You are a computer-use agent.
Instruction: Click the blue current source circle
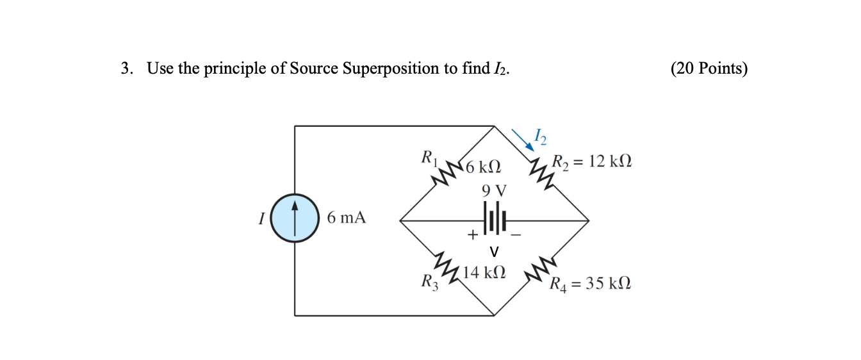click(x=295, y=218)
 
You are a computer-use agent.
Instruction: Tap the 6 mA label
click(x=346, y=218)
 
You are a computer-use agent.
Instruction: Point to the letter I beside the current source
click(x=261, y=219)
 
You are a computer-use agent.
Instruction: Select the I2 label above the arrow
click(x=541, y=136)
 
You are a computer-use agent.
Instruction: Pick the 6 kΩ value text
click(x=483, y=168)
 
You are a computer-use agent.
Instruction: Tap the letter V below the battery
click(x=493, y=250)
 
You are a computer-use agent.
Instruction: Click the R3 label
click(x=429, y=281)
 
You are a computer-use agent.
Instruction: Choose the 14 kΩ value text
click(x=484, y=272)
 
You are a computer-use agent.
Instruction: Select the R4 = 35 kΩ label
click(x=590, y=282)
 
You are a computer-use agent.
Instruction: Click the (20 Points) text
click(x=709, y=69)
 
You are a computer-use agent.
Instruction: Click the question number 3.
click(x=126, y=69)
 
